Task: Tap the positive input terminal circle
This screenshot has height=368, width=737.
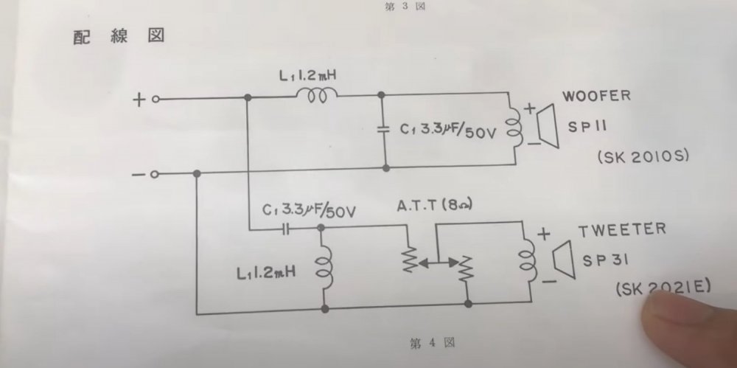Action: [156, 98]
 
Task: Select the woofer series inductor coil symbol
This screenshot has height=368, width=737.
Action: [317, 94]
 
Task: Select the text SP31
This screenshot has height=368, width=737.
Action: [604, 262]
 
